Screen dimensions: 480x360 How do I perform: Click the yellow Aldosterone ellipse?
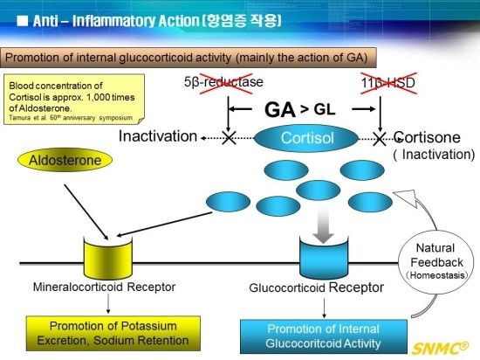(65, 160)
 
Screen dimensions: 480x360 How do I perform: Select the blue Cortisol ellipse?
(306, 138)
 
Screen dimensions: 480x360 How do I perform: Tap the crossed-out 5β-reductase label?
(223, 82)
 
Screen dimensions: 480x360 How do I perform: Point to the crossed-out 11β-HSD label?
(388, 83)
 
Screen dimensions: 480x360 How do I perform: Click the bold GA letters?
(280, 110)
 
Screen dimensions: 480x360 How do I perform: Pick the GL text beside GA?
(325, 109)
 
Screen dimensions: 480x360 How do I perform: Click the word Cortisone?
(427, 137)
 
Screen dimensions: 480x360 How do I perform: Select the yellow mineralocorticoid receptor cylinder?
(107, 258)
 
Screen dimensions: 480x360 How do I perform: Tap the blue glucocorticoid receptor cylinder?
(324, 258)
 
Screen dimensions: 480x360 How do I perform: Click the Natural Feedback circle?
(435, 261)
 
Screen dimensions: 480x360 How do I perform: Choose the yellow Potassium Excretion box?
(113, 333)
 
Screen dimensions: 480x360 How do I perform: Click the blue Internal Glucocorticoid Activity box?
(324, 336)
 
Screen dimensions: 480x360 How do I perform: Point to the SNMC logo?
(440, 348)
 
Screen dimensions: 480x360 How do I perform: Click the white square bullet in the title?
(23, 21)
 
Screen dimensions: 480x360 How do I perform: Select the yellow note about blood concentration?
(74, 100)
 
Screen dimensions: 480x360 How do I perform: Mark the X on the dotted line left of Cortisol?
(229, 138)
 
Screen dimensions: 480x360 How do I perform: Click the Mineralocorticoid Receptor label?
(104, 287)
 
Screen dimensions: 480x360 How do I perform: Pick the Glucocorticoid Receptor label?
(316, 287)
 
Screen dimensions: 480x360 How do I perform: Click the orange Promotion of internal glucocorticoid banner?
(189, 58)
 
